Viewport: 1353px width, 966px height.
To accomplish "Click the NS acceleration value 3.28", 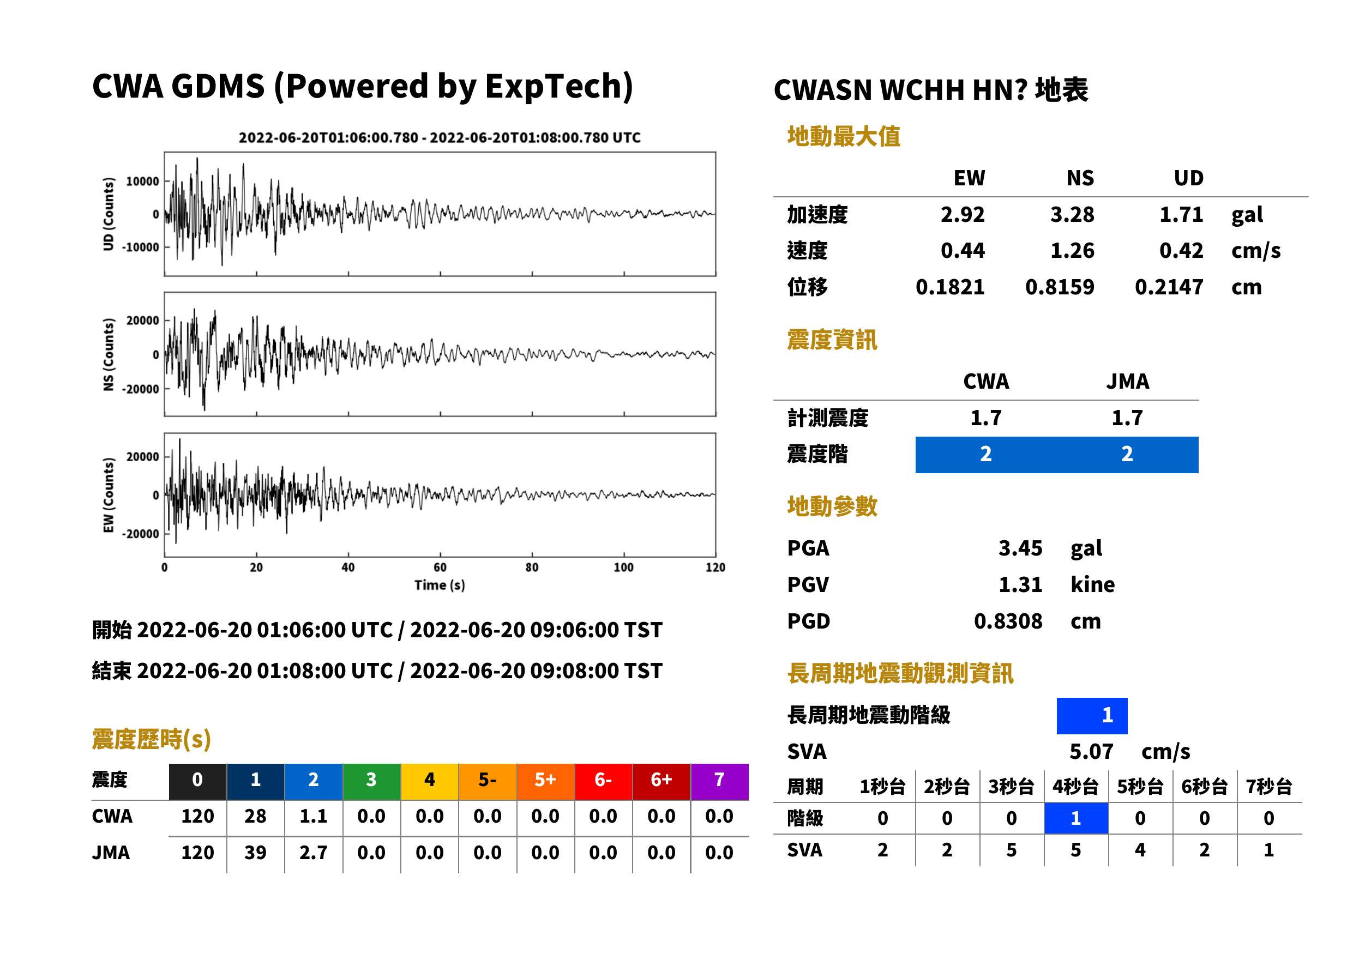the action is point(1072,214).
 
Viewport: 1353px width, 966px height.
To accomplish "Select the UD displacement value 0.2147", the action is point(1169,287).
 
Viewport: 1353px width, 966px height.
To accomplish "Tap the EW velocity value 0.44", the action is point(962,250).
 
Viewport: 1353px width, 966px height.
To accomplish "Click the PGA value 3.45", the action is point(1020,548).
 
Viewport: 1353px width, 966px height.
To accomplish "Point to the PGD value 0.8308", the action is point(1008,621).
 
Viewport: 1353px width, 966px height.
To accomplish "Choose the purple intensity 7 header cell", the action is point(719,780).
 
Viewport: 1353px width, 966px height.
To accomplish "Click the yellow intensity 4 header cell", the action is point(430,780).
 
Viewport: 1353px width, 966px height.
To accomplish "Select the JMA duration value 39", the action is point(255,853).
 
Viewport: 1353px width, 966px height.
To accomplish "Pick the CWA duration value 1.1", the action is point(313,816).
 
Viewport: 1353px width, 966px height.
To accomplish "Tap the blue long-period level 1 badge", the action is point(1092,715).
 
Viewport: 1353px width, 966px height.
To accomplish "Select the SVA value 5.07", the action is point(1091,751).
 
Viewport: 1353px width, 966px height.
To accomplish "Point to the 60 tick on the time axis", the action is point(440,567).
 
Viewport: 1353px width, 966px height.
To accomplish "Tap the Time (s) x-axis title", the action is point(440,585).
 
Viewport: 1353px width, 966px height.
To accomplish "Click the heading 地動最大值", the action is point(844,136).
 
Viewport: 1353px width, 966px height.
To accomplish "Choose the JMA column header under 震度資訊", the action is point(1128,381).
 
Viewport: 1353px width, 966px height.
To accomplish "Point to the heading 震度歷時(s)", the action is point(151,739).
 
